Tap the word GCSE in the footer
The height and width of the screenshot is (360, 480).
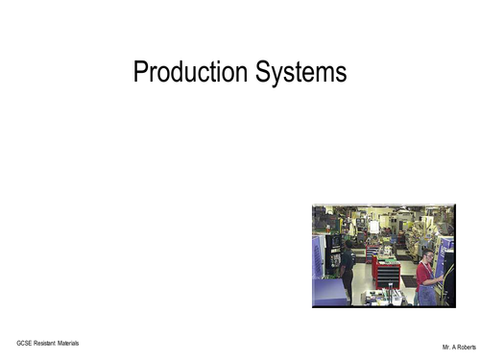pos(24,343)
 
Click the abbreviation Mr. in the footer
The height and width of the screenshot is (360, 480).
pos(446,345)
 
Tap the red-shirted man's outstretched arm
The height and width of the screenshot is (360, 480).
pos(438,279)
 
